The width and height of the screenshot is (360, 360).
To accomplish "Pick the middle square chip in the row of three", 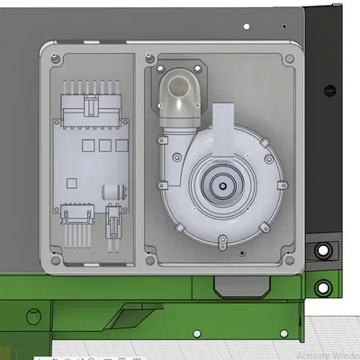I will tap(103, 144).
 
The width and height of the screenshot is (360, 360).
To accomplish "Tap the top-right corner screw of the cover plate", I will tap(289, 59).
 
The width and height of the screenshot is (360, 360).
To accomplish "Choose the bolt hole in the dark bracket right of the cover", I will tap(322, 250).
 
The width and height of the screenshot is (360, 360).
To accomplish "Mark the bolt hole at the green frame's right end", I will tap(322, 287).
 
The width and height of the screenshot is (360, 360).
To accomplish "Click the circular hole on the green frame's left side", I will tap(32, 315).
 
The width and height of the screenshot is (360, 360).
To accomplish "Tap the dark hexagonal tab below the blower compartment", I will tap(240, 286).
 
